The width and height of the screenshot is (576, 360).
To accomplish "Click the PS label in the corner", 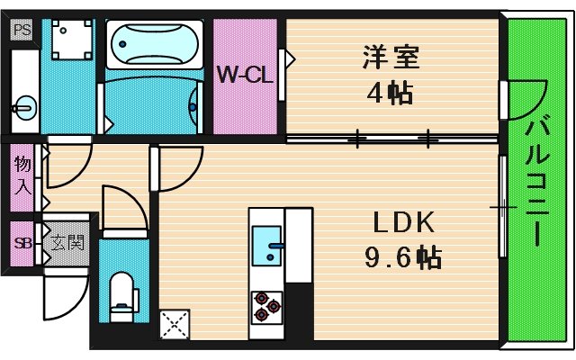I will [x=21, y=30].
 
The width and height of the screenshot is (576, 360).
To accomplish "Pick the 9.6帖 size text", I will [x=402, y=259].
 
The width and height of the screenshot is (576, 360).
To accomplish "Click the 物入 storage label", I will [x=22, y=175].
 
